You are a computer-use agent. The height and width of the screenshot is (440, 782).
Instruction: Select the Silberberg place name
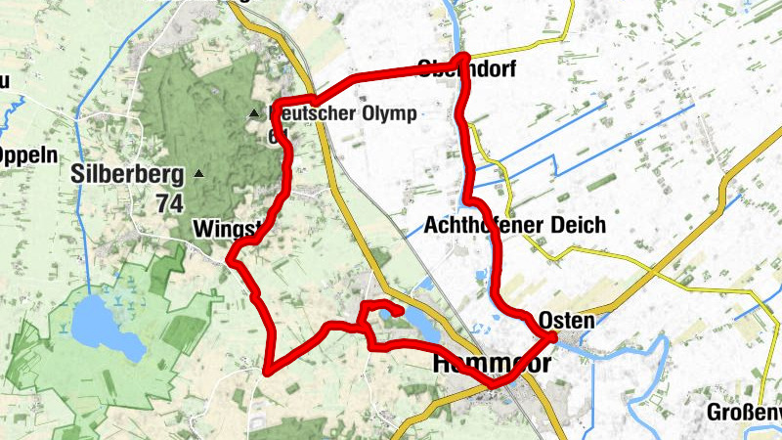pyautogui.click(x=127, y=176)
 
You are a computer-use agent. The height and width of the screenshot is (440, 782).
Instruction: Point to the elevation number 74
pyautogui.click(x=169, y=203)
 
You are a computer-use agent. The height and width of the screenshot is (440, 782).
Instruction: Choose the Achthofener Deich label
pyautogui.click(x=515, y=225)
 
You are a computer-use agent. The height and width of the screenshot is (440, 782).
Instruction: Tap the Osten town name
pyautogui.click(x=566, y=321)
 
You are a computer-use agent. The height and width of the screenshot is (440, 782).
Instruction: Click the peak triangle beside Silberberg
pyautogui.click(x=199, y=174)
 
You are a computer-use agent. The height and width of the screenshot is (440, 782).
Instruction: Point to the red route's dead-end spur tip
pyautogui.click(x=401, y=312)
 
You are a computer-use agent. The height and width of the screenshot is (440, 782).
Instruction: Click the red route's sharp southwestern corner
pyautogui.click(x=267, y=370)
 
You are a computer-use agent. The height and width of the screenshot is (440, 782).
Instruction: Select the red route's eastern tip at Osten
pyautogui.click(x=553, y=337)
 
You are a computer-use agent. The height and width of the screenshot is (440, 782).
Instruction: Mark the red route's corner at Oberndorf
pyautogui.click(x=465, y=59)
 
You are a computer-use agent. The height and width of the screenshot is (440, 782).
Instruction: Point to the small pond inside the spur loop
pyautogui.click(x=387, y=313)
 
